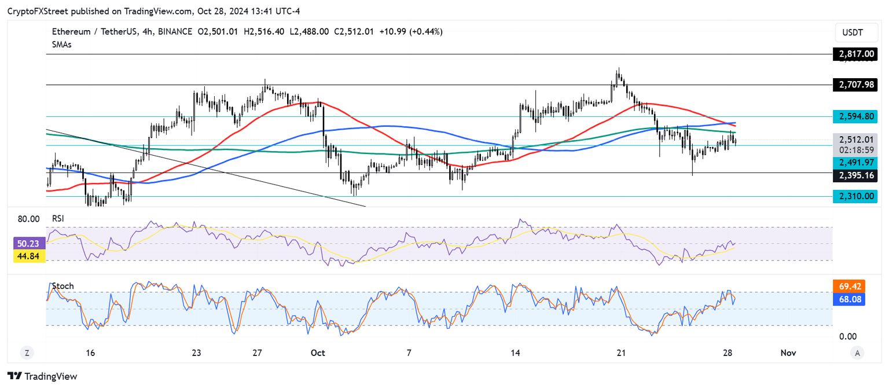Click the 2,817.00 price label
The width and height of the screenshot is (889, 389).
pyautogui.click(x=855, y=54)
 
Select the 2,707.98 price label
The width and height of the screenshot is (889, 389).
pyautogui.click(x=855, y=85)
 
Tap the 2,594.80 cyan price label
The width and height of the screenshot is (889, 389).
pyautogui.click(x=855, y=116)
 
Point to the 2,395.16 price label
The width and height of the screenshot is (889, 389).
pyautogui.click(x=855, y=175)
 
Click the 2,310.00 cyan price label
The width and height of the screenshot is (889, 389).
pyautogui.click(x=855, y=196)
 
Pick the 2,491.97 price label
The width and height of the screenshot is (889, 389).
pyautogui.click(x=855, y=163)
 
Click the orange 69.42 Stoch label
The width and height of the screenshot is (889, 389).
pyautogui.click(x=848, y=286)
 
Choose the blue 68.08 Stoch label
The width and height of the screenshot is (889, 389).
pyautogui.click(x=848, y=299)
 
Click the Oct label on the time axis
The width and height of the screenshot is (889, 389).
pyautogui.click(x=317, y=353)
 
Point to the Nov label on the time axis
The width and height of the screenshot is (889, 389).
pyautogui.click(x=788, y=353)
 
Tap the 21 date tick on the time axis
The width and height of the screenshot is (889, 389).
pyautogui.click(x=622, y=353)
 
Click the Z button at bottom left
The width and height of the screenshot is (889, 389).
pyautogui.click(x=27, y=353)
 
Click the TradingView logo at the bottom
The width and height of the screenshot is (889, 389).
pyautogui.click(x=42, y=376)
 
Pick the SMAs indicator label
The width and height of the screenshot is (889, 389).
pyautogui.click(x=61, y=44)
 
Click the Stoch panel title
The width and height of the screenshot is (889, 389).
pyautogui.click(x=63, y=287)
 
